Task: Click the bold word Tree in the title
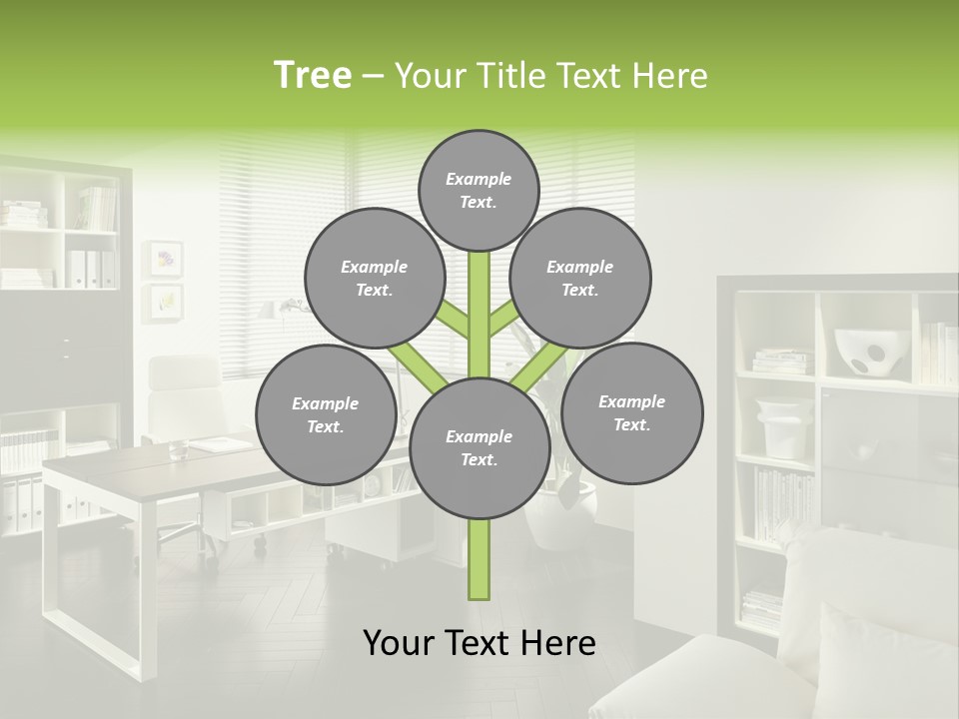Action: (313, 76)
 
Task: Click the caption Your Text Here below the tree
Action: (479, 643)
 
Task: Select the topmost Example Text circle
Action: (479, 190)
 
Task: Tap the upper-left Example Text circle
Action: (374, 278)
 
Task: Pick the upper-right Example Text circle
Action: (580, 278)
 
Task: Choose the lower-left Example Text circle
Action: (326, 414)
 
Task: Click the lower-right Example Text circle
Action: (631, 412)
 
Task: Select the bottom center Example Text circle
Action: (479, 447)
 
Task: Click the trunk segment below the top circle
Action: (479, 300)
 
